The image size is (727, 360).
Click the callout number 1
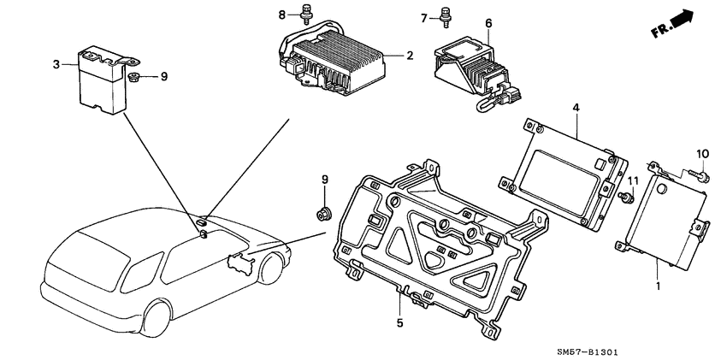(x=658, y=285)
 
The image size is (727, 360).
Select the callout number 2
(x=410, y=56)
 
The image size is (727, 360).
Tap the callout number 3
(x=56, y=64)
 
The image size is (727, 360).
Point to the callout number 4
(x=576, y=109)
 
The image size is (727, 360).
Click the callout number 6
(x=489, y=24)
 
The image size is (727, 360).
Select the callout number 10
(x=702, y=154)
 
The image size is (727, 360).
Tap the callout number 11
(x=634, y=181)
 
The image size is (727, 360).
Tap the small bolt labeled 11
(x=626, y=197)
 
